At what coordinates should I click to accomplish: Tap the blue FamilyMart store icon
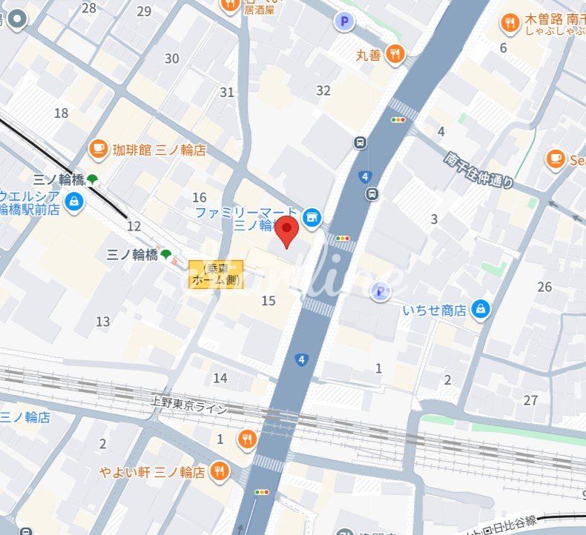click(312, 216)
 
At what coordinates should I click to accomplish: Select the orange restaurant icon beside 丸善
click(395, 53)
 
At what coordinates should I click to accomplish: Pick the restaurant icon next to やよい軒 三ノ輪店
click(220, 471)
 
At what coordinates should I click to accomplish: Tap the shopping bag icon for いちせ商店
click(481, 308)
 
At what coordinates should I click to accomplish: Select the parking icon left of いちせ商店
click(380, 291)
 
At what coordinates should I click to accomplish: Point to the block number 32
click(323, 90)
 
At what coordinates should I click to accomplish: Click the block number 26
click(545, 287)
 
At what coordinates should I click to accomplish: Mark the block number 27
click(530, 400)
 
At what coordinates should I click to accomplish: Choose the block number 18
click(61, 113)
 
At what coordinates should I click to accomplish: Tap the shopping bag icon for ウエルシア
click(73, 202)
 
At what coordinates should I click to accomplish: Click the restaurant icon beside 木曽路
click(510, 24)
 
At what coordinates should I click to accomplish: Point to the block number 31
click(227, 93)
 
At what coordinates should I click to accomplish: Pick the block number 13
click(102, 321)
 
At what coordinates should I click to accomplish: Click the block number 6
click(503, 48)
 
